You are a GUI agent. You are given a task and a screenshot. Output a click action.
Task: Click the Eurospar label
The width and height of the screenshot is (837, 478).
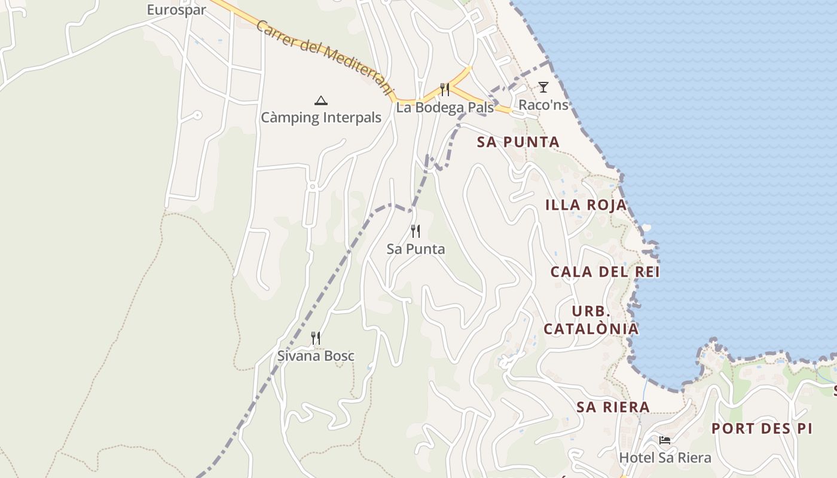(176, 10)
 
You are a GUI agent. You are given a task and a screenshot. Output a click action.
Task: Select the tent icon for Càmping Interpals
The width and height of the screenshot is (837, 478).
(321, 100)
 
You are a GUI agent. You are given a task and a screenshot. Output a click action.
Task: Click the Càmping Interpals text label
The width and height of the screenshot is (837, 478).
(321, 117)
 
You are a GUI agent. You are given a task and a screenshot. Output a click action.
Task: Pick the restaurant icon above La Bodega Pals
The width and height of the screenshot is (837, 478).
(445, 90)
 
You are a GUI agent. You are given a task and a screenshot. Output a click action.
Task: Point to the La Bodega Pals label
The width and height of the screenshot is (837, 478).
(445, 108)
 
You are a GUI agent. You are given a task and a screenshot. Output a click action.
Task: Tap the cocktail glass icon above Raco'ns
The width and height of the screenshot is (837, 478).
(543, 87)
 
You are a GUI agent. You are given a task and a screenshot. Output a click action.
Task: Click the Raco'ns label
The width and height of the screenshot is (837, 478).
(543, 105)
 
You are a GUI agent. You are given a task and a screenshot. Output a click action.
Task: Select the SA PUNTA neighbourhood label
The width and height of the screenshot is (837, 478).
(518, 142)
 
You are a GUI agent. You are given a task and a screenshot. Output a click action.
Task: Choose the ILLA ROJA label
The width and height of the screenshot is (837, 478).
(586, 205)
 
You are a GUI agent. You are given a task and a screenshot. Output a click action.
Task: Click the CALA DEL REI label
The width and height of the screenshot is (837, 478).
(604, 272)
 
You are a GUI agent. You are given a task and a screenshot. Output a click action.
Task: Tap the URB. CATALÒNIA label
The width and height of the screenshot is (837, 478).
(591, 320)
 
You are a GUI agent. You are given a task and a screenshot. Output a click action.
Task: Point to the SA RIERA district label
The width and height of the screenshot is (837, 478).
(613, 407)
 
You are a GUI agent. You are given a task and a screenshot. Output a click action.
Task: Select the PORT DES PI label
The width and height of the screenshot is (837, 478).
(762, 428)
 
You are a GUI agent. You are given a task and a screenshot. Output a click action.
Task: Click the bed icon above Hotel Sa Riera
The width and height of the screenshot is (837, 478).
(664, 440)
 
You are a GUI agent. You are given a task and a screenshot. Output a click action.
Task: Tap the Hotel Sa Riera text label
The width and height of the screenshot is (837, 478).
(665, 458)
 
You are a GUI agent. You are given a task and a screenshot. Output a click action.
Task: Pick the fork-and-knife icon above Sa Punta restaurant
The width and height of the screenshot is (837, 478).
(416, 231)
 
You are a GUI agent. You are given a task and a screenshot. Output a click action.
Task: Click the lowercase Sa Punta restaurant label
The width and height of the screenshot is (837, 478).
(416, 249)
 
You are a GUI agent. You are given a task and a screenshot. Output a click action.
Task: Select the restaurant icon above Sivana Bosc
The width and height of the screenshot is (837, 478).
(316, 338)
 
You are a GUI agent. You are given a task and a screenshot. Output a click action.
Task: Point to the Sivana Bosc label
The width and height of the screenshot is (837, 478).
(316, 356)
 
